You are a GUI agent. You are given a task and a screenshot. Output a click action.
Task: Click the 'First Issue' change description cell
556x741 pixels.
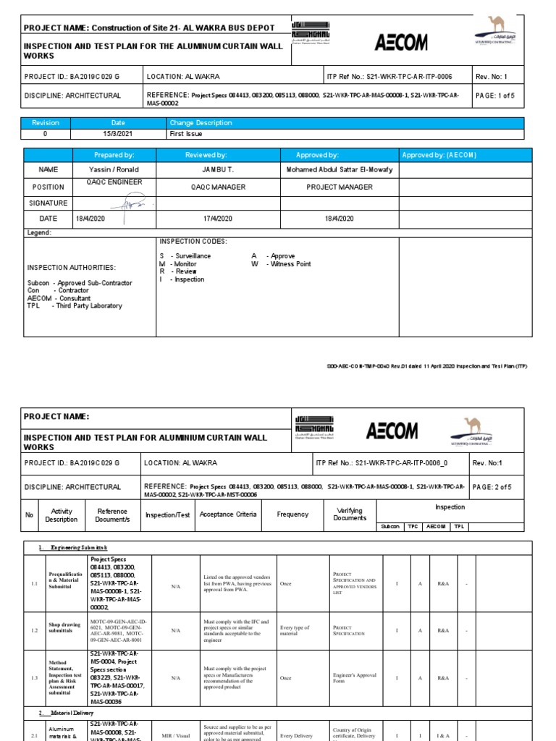tap(185, 134)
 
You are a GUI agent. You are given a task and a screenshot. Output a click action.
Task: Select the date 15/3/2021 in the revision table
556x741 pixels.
tap(118, 134)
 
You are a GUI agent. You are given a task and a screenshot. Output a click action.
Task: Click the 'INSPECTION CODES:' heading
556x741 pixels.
tap(193, 241)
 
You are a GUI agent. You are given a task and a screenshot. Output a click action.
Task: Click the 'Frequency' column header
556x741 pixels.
tap(292, 515)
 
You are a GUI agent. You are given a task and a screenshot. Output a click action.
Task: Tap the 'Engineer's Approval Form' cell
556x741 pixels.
tap(354, 678)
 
